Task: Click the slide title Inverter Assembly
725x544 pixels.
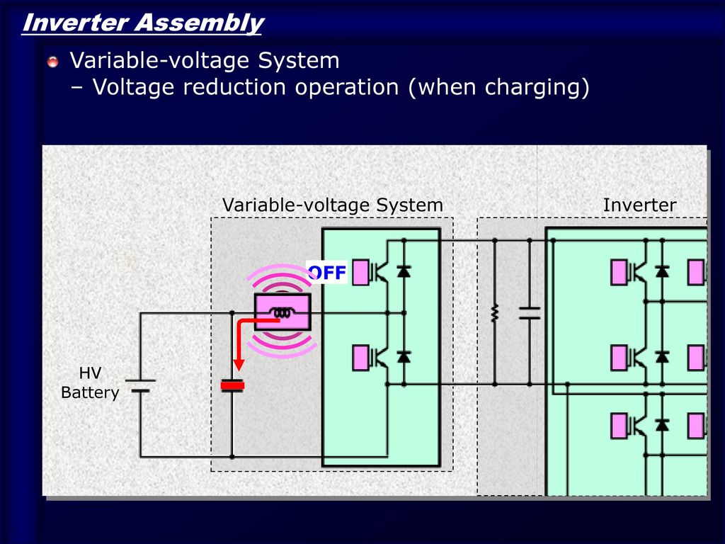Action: [x=142, y=23]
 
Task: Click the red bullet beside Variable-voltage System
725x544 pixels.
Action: [x=53, y=62]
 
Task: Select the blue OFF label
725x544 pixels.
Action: [x=326, y=273]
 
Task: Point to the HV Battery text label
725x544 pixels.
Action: [x=90, y=382]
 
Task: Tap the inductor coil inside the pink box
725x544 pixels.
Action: [x=282, y=313]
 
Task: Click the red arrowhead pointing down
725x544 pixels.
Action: [x=239, y=364]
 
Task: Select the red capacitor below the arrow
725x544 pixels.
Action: [x=232, y=385]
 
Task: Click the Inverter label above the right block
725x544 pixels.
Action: [x=639, y=205]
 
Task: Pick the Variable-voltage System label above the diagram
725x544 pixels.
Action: [x=332, y=205]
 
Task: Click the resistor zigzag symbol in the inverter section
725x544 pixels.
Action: [x=494, y=312]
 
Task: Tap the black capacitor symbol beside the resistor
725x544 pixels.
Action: [x=529, y=312]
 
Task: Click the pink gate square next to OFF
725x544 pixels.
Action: [x=361, y=272]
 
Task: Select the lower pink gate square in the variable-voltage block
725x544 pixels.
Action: [x=361, y=356]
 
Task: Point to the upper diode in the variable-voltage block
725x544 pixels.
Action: [x=404, y=271]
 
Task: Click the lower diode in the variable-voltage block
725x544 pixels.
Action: [x=404, y=356]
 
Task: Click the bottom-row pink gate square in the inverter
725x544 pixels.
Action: [x=620, y=425]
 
